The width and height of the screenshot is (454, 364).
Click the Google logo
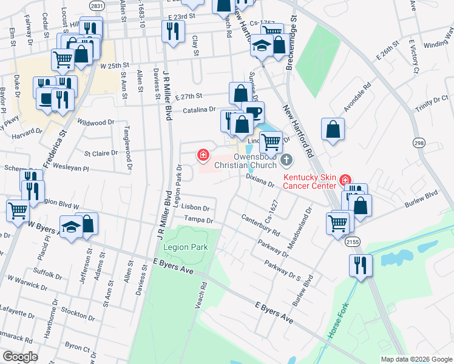click(20, 356)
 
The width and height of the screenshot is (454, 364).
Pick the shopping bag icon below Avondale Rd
click(333, 129)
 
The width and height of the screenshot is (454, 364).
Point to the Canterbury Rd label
click(260, 224)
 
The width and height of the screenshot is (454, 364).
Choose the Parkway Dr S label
click(282, 271)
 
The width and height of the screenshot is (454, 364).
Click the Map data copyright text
click(416, 359)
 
